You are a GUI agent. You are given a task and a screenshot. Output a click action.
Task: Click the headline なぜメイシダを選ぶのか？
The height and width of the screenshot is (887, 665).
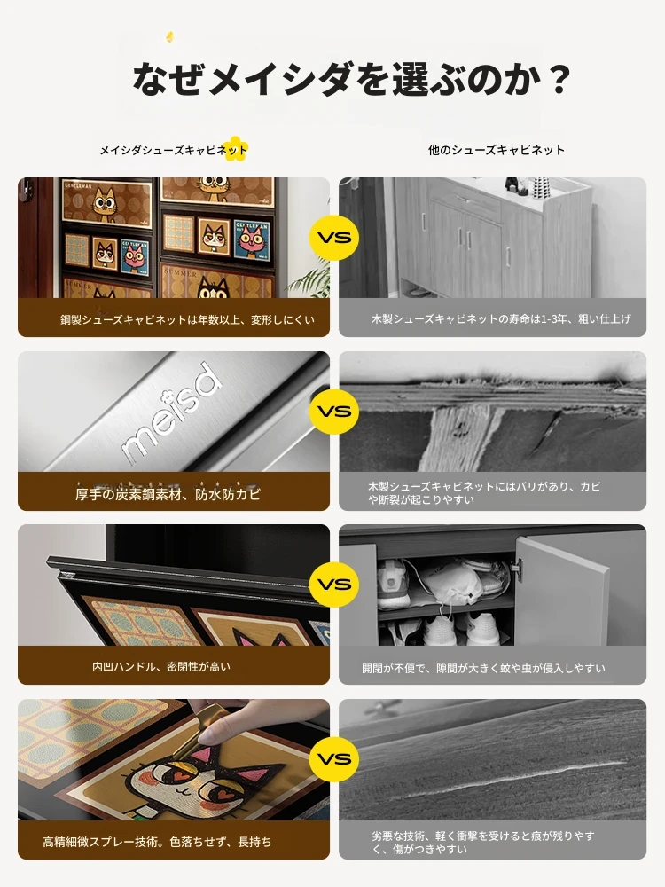tap(350, 79)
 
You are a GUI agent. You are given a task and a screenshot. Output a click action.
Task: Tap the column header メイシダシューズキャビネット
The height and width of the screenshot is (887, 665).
tap(174, 150)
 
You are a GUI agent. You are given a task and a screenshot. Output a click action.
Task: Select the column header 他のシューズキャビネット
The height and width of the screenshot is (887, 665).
tap(496, 150)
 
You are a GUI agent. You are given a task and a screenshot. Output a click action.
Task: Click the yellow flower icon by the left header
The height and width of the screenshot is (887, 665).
tap(233, 149)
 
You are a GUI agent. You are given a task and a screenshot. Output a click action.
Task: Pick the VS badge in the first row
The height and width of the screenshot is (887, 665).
tap(334, 237)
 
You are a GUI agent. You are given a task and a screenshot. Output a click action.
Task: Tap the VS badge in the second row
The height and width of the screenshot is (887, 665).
tap(334, 411)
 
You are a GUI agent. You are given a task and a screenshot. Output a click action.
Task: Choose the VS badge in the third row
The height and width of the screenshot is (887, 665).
tap(334, 584)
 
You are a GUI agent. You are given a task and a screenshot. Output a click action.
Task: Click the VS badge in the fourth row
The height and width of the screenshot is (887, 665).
tap(334, 758)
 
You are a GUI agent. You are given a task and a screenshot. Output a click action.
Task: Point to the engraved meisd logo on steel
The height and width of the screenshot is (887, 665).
tap(170, 412)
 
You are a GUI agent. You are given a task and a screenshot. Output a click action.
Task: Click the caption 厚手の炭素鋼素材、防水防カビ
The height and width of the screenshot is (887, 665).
tap(168, 494)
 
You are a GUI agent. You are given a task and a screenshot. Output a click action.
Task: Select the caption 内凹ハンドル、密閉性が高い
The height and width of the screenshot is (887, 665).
tap(161, 666)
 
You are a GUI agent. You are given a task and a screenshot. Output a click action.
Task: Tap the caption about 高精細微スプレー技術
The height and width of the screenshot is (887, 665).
tap(157, 842)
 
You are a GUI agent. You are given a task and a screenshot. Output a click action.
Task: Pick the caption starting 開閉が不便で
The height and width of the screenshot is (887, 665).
tap(483, 668)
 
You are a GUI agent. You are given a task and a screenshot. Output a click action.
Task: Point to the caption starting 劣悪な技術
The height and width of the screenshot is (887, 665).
tap(482, 843)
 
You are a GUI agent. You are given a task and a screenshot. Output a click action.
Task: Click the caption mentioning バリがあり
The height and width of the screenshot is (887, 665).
tap(484, 492)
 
